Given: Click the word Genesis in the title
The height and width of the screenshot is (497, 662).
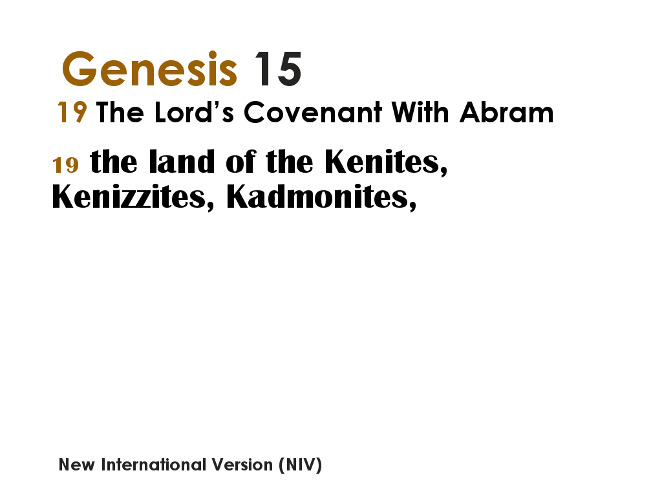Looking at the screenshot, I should tap(149, 69).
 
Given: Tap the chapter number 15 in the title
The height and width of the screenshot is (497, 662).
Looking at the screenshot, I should tap(277, 69).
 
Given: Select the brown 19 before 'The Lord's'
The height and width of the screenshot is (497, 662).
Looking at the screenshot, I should tap(72, 113).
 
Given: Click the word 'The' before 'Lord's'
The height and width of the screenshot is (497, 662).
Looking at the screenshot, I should tap(120, 113).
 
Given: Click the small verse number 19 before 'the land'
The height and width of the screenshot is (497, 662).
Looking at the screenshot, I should tap(65, 165).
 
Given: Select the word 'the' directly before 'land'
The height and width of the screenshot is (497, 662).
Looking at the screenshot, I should tap(114, 162).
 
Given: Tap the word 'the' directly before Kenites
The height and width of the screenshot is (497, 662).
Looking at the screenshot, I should tap(290, 162).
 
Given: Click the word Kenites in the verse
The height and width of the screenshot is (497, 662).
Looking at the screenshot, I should tap(386, 162).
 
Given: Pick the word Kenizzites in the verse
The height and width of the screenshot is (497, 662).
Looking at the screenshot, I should tap(133, 197).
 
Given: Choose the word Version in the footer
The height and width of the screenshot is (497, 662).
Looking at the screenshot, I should tap(244, 465).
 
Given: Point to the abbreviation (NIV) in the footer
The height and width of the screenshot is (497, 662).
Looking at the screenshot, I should tap(300, 465).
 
